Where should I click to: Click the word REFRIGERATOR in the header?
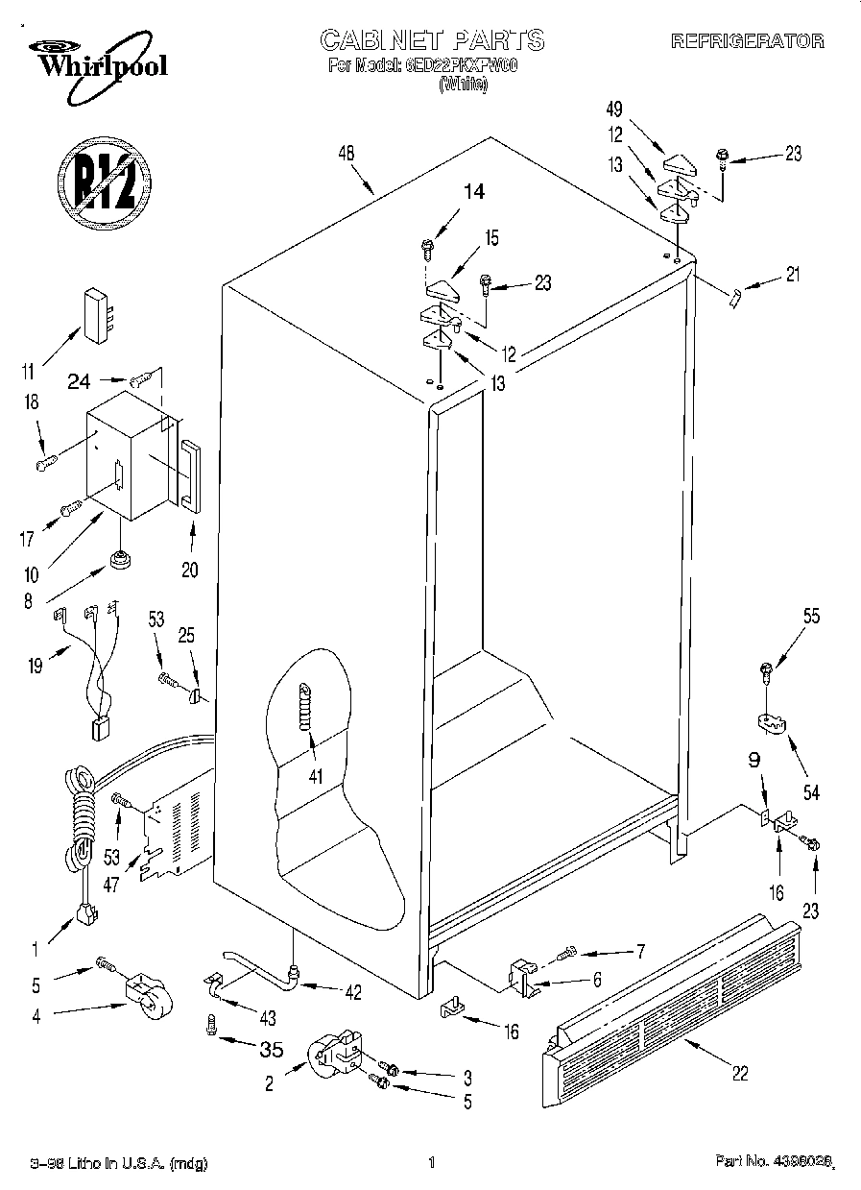pos(747,41)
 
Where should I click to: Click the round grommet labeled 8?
pos(120,558)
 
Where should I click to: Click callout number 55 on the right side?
pos(811,617)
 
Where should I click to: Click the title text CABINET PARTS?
pos(431,39)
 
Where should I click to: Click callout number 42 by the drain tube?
pos(352,992)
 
